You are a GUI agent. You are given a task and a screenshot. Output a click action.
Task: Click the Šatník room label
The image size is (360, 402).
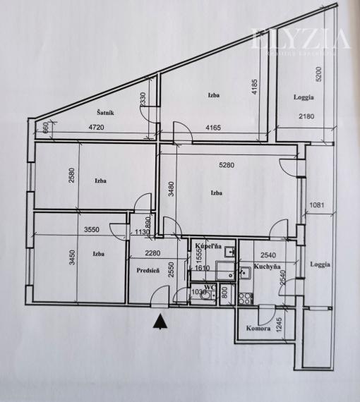(x=107, y=113)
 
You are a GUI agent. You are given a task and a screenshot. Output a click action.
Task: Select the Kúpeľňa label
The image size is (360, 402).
(x=209, y=246)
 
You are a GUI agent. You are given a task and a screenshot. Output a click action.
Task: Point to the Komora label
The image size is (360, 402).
(x=259, y=328)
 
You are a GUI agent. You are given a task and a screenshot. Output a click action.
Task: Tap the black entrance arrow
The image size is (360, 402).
(x=162, y=322)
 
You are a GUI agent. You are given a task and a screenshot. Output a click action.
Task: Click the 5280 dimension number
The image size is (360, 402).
(x=227, y=165)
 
